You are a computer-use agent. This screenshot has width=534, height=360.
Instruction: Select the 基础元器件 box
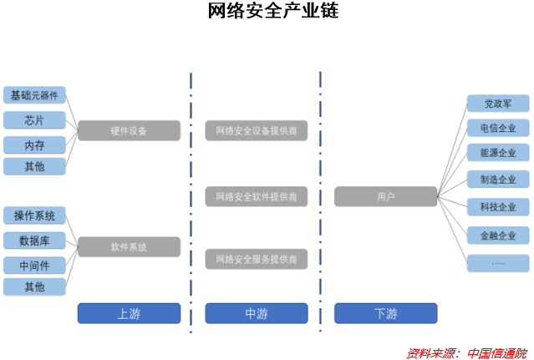pos(34,95)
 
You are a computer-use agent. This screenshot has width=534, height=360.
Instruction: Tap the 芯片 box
pos(34,119)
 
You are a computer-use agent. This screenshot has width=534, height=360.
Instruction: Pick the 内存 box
pos(34,145)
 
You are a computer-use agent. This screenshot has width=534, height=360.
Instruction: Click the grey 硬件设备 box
pos(129,130)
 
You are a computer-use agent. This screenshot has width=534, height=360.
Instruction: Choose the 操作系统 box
pos(34,215)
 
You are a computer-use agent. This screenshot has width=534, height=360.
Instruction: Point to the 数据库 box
pos(34,241)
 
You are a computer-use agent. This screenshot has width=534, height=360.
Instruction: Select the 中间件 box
pos(34,265)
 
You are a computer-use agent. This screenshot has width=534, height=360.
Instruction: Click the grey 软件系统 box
pos(129,247)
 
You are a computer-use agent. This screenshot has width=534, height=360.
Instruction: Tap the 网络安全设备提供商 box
pos(257,130)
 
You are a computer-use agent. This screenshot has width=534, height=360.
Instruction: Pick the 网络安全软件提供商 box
pos(257,196)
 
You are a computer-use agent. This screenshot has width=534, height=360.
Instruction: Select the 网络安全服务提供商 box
pos(257,259)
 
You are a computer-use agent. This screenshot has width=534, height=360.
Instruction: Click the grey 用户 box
pos(385,196)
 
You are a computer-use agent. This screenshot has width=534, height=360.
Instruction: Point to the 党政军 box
pos(498,104)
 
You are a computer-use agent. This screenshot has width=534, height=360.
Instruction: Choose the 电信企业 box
pos(498,129)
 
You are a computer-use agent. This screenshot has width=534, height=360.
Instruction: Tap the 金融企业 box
pos(498,236)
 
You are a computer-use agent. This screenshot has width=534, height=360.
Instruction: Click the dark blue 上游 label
pos(129,313)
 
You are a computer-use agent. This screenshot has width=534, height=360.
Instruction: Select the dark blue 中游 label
pos(257,313)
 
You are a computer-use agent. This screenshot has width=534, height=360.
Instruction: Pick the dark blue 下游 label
pos(385,313)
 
